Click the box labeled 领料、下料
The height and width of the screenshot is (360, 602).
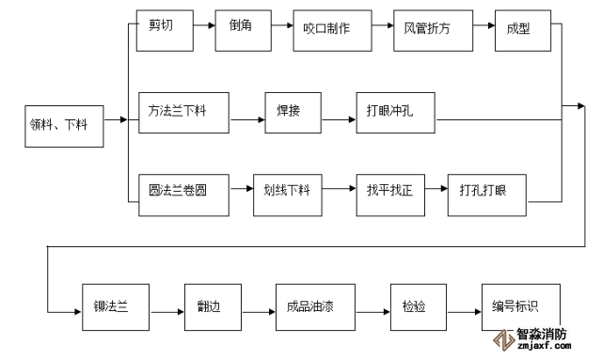64,126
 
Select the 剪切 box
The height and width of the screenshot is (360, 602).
165,31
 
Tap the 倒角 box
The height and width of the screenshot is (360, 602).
243,31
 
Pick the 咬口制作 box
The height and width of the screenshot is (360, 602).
332,31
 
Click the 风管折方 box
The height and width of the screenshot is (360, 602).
433,31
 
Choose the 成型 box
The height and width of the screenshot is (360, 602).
523,31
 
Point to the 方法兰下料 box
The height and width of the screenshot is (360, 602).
184,113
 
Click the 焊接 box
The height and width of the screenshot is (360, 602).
293,113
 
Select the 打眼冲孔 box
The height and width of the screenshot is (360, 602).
395,113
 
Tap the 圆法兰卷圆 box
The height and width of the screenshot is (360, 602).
184,196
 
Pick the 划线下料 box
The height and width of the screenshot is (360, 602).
288,196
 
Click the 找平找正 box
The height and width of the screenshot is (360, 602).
390,196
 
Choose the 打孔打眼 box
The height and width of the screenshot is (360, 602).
487,196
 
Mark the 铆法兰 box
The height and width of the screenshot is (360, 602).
116,307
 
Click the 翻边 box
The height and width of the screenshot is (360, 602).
214,307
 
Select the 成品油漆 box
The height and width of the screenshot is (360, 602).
315,307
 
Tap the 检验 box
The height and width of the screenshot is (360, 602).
419,307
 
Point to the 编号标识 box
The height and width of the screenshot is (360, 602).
521,307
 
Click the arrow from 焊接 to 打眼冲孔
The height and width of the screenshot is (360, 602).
339,119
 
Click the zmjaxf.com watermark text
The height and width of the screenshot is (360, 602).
544,345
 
